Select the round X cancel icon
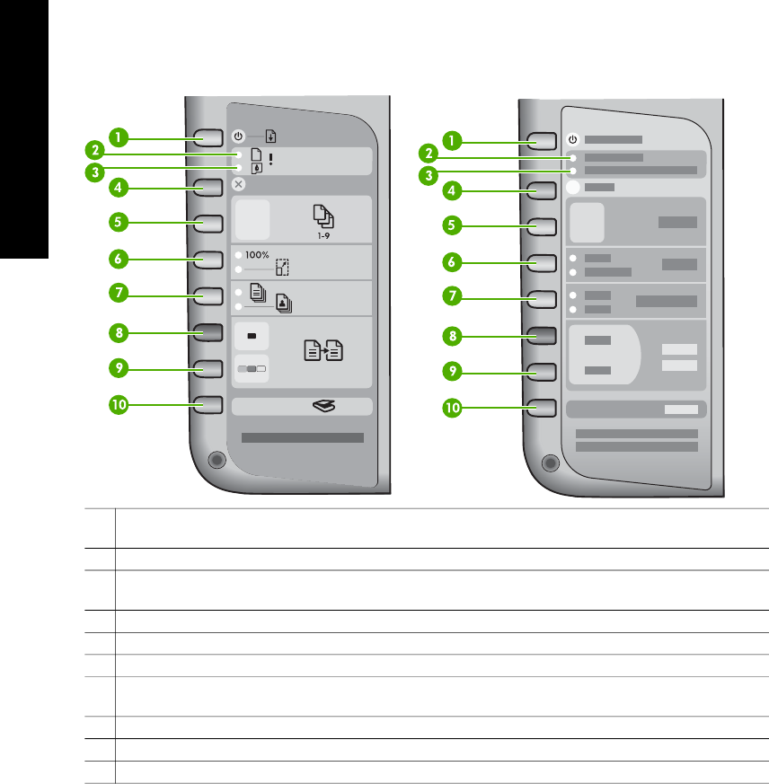(238, 184)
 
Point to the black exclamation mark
(270, 157)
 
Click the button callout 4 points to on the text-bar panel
(544, 189)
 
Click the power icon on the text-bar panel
(574, 140)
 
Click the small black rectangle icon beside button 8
(251, 336)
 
